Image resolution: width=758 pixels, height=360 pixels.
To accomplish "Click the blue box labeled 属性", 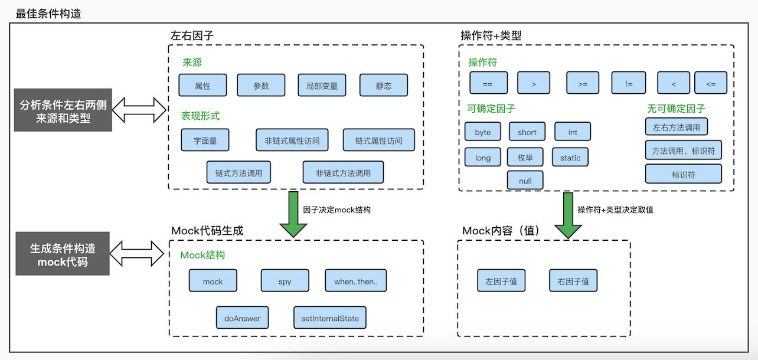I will [202, 86].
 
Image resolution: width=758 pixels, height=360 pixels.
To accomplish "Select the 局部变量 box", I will [322, 86].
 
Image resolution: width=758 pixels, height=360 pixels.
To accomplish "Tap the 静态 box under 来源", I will [384, 86].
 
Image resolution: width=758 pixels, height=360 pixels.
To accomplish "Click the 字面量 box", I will [205, 140].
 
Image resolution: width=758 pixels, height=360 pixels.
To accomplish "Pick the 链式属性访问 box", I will [378, 140].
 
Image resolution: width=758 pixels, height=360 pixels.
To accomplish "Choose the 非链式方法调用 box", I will [343, 173].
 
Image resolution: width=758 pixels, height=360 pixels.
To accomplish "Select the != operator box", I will [628, 84].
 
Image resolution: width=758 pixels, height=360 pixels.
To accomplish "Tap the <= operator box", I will [710, 84].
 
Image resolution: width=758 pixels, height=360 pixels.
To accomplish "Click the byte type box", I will [482, 132].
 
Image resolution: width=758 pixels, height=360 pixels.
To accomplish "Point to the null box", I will [525, 181].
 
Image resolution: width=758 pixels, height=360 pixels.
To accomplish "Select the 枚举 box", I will [525, 158].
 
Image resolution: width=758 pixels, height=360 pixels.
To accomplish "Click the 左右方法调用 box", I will [676, 127].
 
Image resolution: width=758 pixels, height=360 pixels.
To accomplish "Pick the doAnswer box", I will [242, 318].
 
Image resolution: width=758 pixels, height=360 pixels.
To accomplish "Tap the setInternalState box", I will [329, 318].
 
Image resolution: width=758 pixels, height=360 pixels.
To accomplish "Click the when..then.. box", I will [355, 282].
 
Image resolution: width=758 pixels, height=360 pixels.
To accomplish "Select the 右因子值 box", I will [573, 282].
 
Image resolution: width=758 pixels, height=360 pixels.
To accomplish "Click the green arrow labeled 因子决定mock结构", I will [293, 214].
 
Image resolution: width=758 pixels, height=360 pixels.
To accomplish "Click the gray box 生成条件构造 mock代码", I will [63, 254].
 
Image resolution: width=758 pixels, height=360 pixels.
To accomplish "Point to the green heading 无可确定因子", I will [676, 109].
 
